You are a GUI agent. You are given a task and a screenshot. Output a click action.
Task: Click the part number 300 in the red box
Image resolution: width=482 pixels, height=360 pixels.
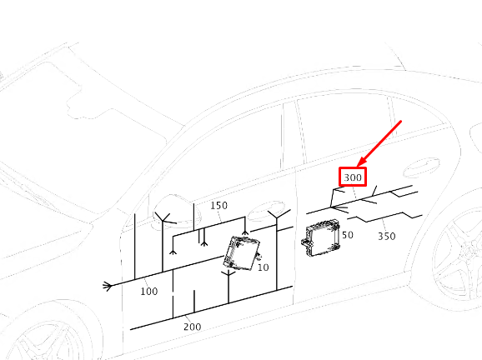353,177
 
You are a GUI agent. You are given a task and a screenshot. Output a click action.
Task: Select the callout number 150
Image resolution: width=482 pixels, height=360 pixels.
218,205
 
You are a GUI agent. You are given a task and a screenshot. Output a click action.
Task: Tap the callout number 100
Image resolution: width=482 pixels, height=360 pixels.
149,291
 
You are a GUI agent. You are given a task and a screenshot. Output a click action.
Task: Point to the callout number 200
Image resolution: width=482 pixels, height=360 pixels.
193,327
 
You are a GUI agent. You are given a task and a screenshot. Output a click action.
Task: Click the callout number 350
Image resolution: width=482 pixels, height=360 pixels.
387,236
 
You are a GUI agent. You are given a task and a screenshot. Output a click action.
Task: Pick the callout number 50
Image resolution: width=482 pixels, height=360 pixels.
348,235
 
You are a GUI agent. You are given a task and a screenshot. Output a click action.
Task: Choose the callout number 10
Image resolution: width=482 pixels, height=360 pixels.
264,267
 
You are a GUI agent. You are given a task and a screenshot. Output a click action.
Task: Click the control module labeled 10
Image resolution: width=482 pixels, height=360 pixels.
242,253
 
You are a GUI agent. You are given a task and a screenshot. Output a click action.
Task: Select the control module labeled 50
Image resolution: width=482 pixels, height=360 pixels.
320,237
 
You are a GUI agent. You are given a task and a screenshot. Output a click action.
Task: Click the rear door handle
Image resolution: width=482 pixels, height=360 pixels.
421,167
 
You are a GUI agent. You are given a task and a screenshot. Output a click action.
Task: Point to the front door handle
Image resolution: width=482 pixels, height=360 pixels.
267,211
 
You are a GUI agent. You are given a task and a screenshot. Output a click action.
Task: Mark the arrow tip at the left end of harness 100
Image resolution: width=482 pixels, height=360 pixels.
104,287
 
